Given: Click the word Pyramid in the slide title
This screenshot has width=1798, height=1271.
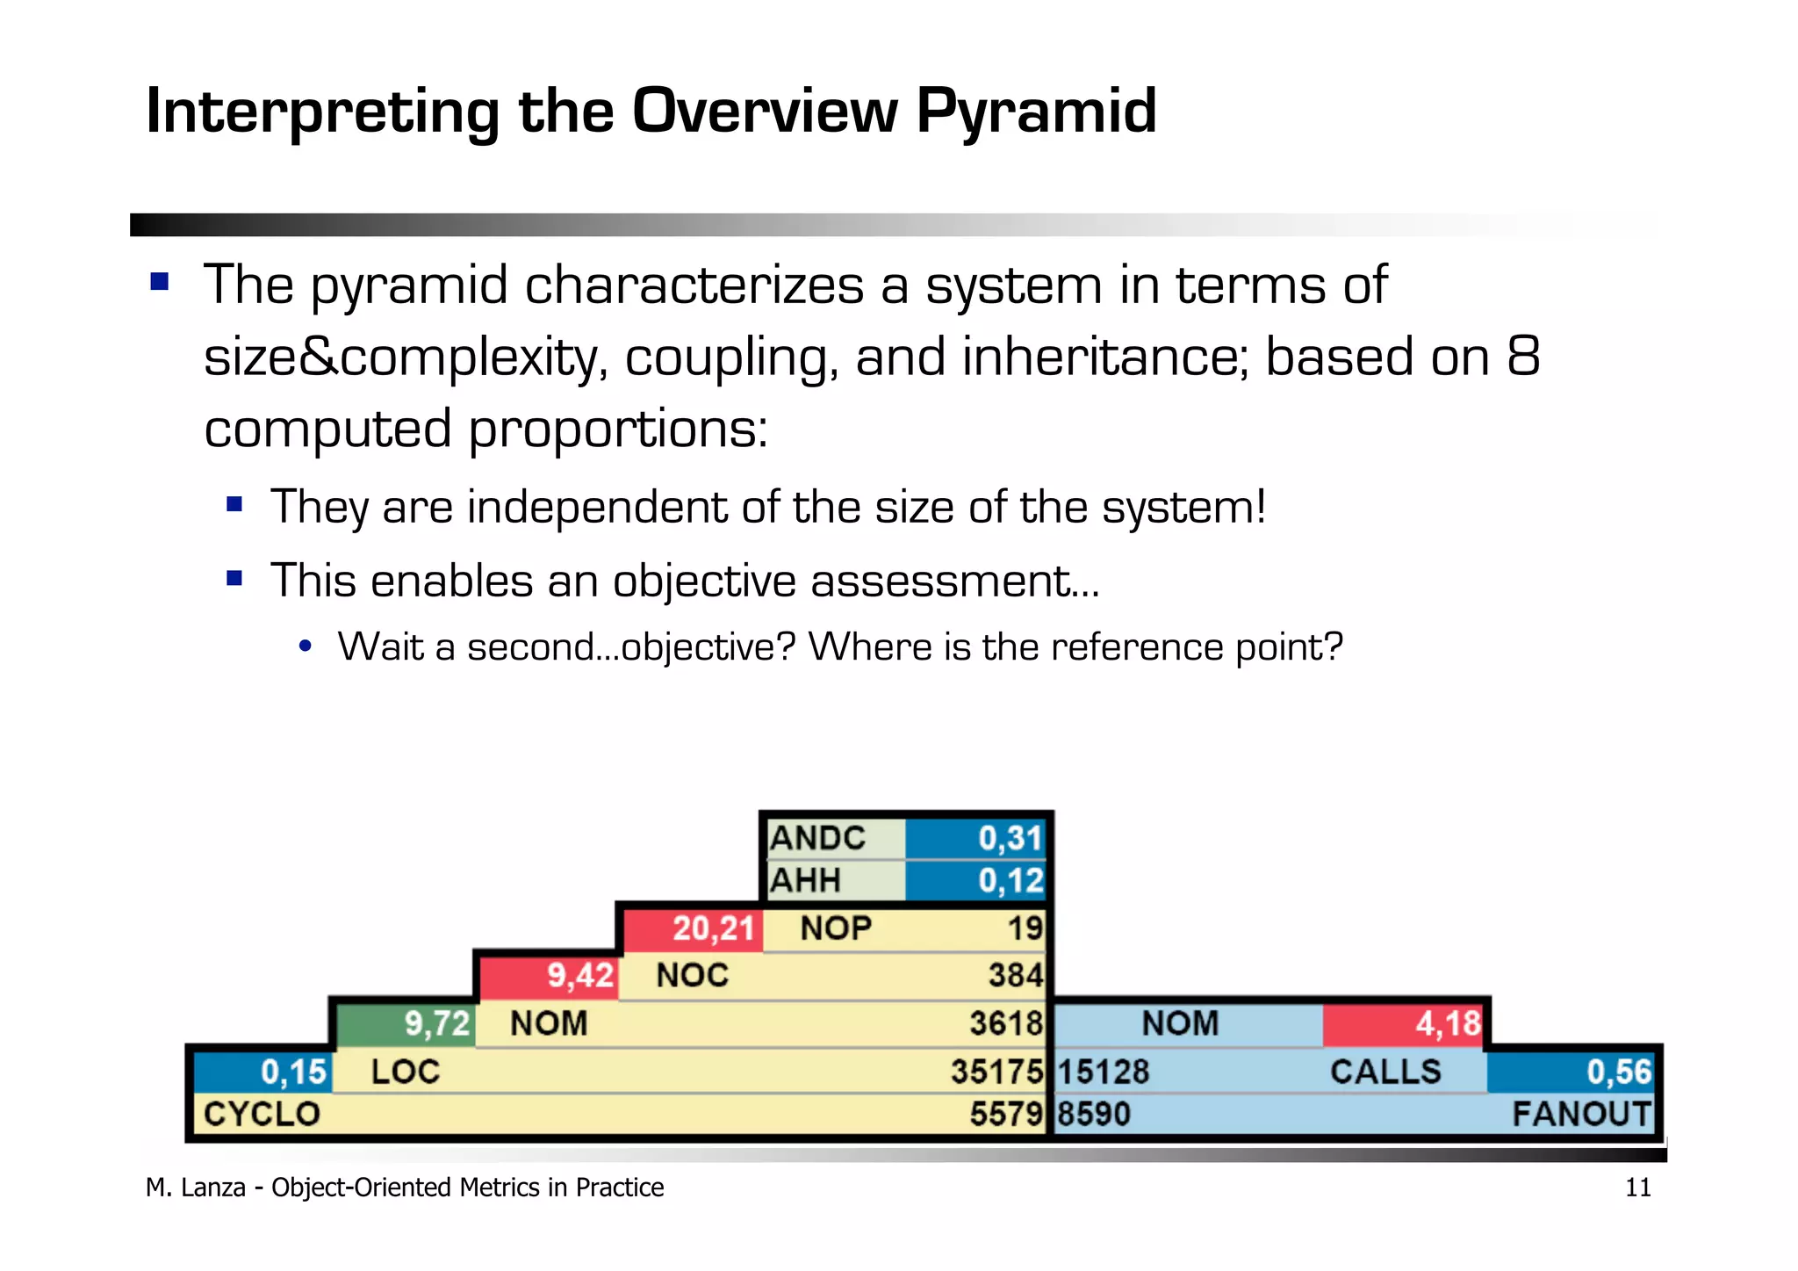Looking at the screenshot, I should point(1036,112).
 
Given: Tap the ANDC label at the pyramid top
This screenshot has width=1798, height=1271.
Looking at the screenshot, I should point(817,838).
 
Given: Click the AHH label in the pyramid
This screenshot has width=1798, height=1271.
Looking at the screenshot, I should point(805,880).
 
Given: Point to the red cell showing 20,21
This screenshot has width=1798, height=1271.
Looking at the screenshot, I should point(694,928).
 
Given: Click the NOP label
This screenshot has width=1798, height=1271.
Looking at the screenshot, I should point(836,928).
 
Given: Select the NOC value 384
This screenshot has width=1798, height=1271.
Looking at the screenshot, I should point(1016,976).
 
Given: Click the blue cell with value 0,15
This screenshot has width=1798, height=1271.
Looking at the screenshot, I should point(263,1072).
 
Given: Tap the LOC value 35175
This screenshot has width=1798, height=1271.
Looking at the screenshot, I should point(996,1072).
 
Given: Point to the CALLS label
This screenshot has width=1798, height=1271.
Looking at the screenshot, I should point(1385,1072).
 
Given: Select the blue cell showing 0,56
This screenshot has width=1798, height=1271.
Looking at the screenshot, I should point(1571,1072).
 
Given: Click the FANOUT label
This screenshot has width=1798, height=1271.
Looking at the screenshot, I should point(1581,1114).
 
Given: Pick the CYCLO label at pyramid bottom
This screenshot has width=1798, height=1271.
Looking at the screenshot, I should point(262,1114).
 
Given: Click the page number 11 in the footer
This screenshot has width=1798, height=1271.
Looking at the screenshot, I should point(1637,1188).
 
